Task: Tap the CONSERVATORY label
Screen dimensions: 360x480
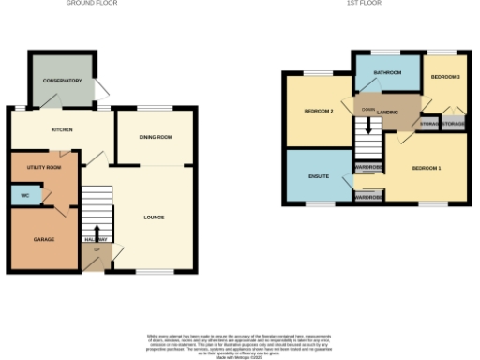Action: (x=61, y=81)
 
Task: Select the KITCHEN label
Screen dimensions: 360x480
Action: (x=63, y=129)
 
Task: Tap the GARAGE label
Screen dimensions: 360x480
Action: (x=44, y=239)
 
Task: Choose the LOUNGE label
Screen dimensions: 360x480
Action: (x=154, y=217)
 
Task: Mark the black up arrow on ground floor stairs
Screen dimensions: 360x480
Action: (x=97, y=232)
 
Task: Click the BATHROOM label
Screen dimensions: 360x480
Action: (x=386, y=72)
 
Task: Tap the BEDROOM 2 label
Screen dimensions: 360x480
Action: (x=319, y=112)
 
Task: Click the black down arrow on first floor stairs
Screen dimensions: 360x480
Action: (x=368, y=124)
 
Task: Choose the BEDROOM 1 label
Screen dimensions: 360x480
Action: (x=427, y=168)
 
